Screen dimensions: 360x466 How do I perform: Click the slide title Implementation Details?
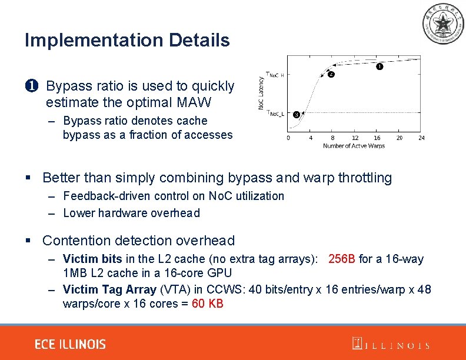pos(127,41)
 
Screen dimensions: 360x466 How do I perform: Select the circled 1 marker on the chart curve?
pos(379,67)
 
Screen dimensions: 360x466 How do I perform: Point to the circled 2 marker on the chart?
pos(331,75)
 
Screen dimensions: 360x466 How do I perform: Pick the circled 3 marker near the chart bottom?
pos(296,114)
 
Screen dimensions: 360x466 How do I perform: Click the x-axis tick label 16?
pos(377,138)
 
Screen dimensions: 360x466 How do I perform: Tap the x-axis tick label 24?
pos(421,138)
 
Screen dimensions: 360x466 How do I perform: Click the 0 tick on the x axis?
pos(288,138)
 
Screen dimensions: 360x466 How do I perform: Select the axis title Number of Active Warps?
pos(354,146)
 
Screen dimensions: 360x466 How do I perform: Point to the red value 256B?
pos(342,259)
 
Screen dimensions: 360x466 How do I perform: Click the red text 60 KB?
pos(208,304)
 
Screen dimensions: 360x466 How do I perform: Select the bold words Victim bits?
pos(92,259)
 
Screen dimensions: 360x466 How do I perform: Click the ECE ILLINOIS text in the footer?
pos(70,344)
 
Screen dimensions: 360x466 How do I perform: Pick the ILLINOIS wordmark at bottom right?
pos(391,345)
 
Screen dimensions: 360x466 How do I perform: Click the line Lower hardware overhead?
pos(131,213)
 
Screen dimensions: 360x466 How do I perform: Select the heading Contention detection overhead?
pos(139,241)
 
